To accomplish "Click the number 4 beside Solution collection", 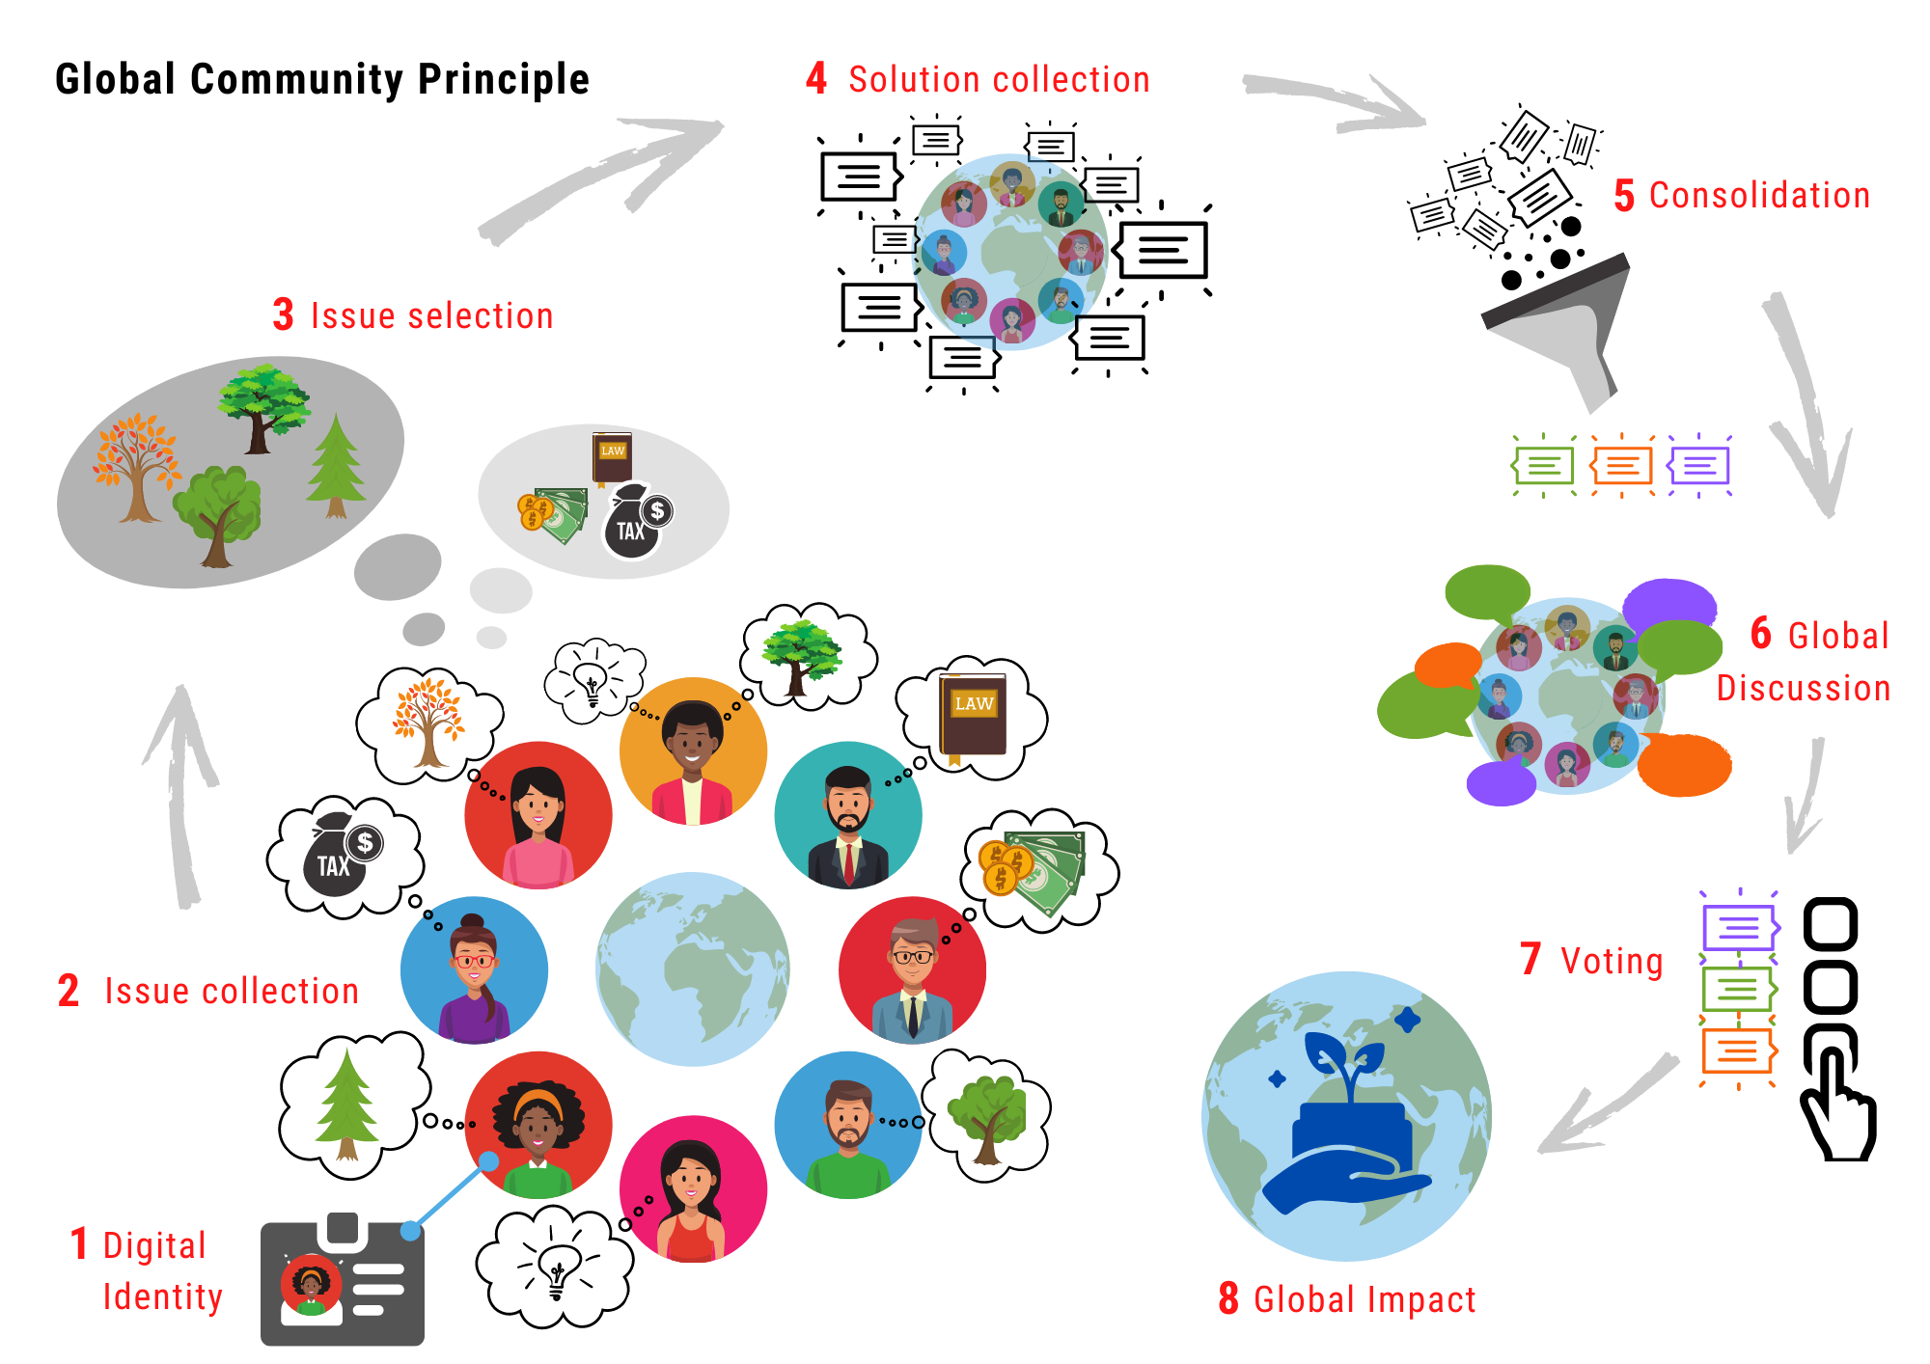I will tap(816, 78).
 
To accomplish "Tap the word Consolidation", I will tap(1759, 195).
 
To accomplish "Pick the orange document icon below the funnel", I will tap(1622, 466).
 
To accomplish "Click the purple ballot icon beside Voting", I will tap(1739, 928).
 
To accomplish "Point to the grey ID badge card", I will tap(343, 1283).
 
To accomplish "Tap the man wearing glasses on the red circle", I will tap(912, 970).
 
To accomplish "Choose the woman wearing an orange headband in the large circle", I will tap(538, 1125).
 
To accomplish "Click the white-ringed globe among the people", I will tap(692, 970).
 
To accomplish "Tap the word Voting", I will tap(1612, 961).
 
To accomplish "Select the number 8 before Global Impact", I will tap(1228, 1298).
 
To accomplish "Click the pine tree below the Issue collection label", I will tap(346, 1105).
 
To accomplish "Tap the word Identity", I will tap(163, 1296).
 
